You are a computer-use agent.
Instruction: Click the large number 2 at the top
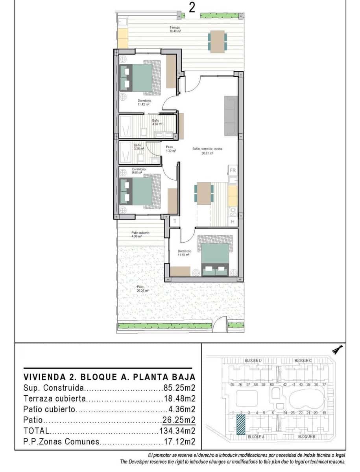[192, 8]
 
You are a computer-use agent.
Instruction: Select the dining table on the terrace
[217, 41]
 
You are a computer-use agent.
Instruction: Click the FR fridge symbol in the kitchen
[233, 170]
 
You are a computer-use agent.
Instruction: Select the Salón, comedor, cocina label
[208, 151]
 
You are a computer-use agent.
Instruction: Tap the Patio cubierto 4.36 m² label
[140, 234]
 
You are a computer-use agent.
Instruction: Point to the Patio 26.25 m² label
[140, 289]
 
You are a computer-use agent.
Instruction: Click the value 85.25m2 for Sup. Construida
[179, 387]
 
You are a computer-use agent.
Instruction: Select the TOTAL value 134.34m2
[177, 431]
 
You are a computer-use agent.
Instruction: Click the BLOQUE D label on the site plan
[253, 360]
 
